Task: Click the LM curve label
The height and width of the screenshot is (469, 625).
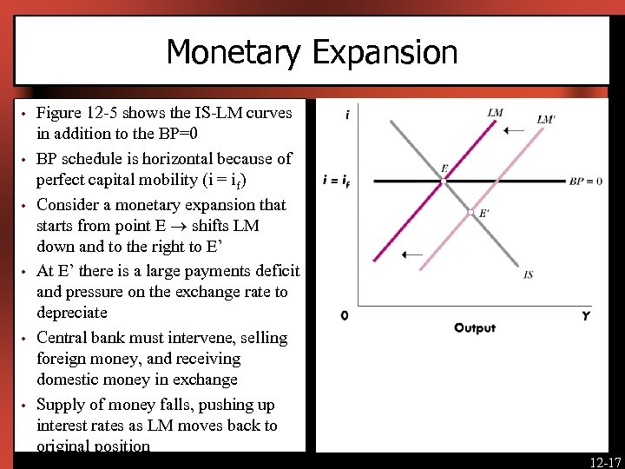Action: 495,112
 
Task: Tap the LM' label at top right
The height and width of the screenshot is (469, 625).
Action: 546,120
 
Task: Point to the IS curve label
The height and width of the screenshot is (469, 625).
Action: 529,274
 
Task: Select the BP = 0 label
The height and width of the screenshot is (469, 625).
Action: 586,182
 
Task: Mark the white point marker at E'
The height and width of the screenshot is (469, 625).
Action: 471,212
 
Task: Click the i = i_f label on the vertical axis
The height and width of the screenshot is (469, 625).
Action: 336,182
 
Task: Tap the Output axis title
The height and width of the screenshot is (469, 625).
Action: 475,327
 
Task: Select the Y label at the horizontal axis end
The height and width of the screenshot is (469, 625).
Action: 586,316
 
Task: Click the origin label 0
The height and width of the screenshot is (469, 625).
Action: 345,315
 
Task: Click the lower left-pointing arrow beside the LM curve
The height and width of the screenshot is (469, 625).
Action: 413,255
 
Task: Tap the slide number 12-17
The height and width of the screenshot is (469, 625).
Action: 604,459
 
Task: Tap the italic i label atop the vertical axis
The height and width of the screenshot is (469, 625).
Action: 347,114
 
